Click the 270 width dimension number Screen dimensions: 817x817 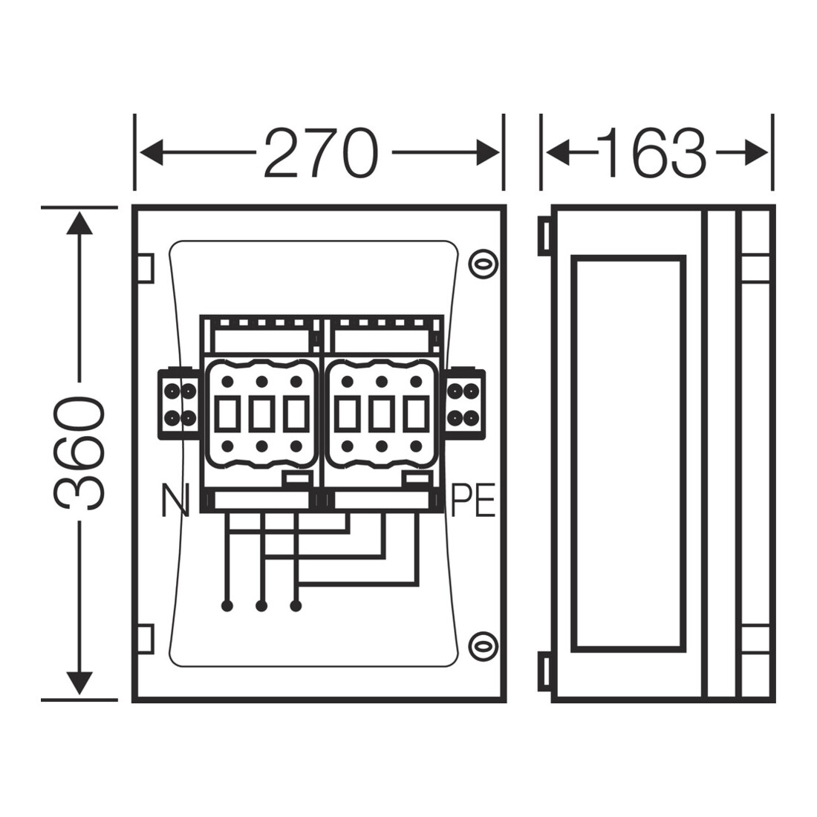pyautogui.click(x=320, y=153)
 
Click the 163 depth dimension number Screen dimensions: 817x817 pyautogui.click(x=657, y=153)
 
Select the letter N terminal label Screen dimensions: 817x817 pyautogui.click(x=175, y=500)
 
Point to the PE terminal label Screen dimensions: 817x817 pyautogui.click(x=472, y=500)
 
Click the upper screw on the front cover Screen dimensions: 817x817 pyautogui.click(x=483, y=264)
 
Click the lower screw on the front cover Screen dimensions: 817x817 pyautogui.click(x=483, y=646)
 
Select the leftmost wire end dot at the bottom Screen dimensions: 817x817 pyautogui.click(x=227, y=606)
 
